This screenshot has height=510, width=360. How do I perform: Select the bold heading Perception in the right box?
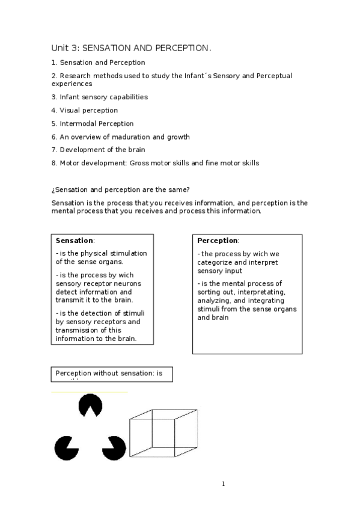tap(218, 241)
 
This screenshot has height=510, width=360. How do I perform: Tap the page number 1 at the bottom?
tap(223, 484)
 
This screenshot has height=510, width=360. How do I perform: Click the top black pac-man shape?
tap(90, 405)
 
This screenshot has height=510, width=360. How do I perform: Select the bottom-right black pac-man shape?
tap(114, 448)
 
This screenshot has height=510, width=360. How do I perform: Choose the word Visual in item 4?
tap(70, 111)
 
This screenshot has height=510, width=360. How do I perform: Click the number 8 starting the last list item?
tap(53, 164)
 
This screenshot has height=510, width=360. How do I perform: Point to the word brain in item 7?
tap(135, 150)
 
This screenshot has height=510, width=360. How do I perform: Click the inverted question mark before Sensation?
tap(53, 190)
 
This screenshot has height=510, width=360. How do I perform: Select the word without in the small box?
tap(103, 373)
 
